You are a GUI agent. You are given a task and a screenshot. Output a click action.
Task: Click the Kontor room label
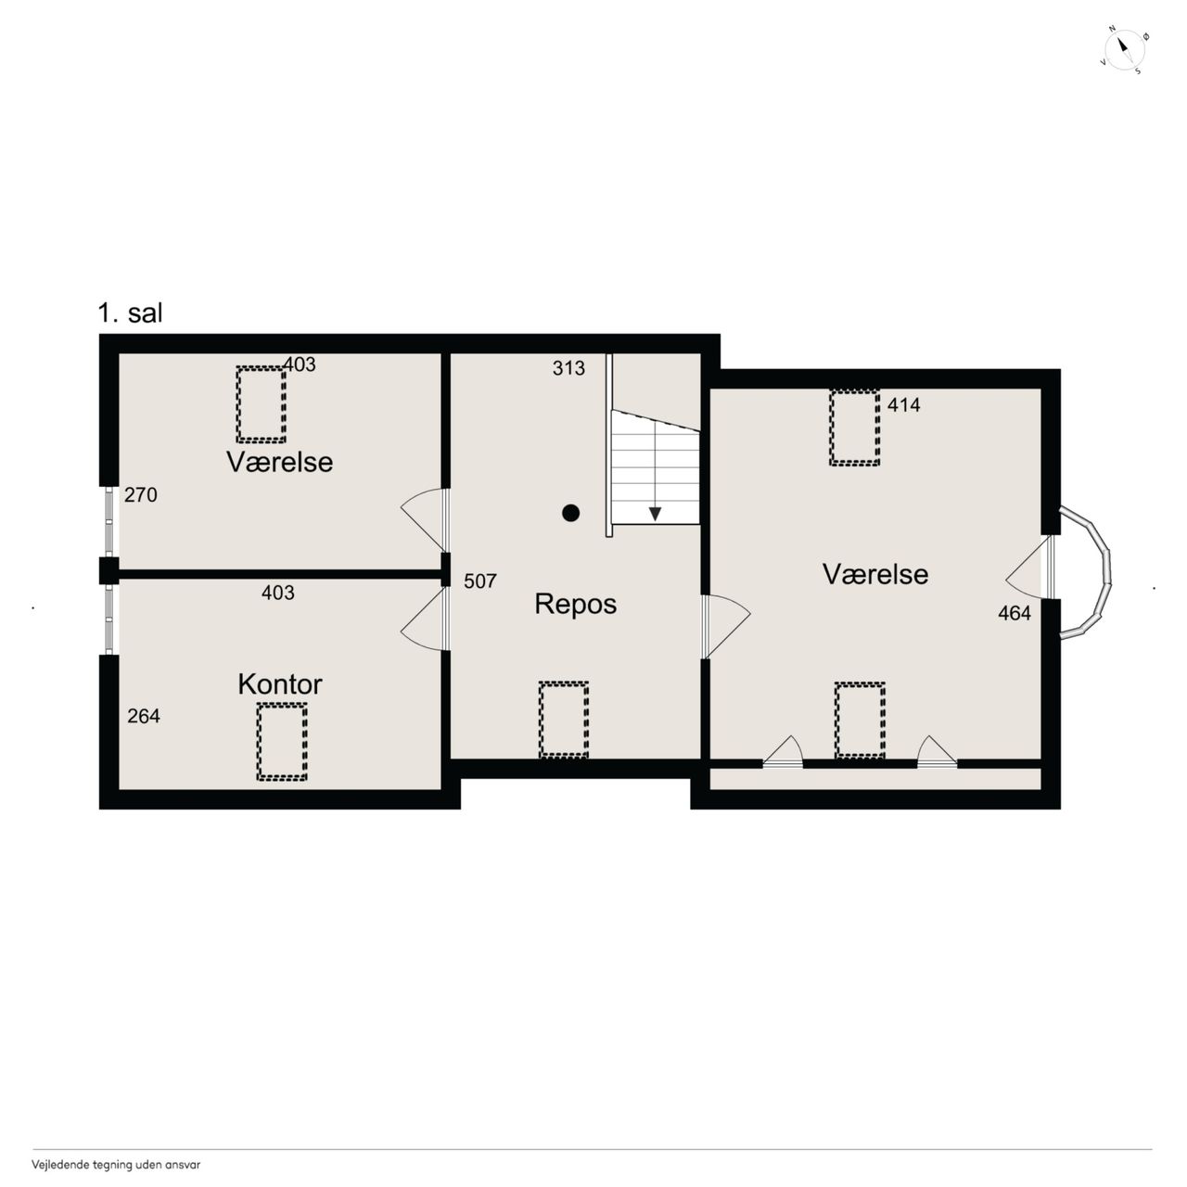tap(280, 684)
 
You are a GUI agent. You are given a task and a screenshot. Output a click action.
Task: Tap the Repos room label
tap(575, 605)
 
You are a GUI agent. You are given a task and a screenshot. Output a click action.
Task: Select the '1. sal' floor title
tap(131, 313)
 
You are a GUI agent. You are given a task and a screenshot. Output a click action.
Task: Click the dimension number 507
tap(479, 581)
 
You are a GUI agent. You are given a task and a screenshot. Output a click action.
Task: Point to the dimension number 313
tap(568, 368)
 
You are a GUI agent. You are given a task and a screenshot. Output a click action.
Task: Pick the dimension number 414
tap(903, 404)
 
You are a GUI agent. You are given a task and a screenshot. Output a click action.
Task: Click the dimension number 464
tap(1015, 613)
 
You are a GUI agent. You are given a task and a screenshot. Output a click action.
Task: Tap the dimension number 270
tap(140, 494)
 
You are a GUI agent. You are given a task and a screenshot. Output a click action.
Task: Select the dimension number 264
tap(144, 716)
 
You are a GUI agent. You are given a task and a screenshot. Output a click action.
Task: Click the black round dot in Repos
tap(571, 513)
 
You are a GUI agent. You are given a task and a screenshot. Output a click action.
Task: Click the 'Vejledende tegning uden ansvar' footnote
tap(117, 1165)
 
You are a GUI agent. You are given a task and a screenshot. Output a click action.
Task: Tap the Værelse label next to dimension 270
tap(280, 462)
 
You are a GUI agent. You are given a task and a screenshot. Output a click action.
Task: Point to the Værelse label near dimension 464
tap(875, 574)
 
